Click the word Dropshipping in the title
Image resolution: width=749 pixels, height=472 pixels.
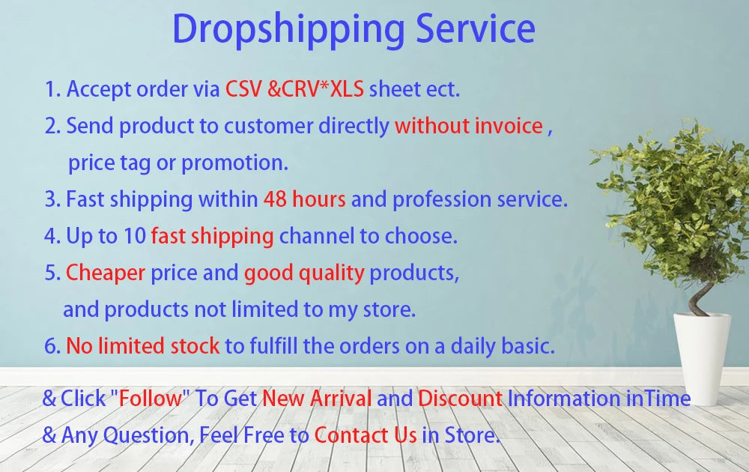[x=288, y=30]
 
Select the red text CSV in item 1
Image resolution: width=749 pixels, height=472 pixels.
[x=243, y=89]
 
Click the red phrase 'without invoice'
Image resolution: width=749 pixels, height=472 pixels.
[x=469, y=126]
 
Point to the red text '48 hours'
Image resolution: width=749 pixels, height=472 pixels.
[x=304, y=199]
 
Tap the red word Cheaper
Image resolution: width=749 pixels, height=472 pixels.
[x=105, y=273]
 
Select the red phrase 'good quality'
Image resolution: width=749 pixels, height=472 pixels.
[x=304, y=273]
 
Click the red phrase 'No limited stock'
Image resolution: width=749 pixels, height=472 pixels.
[x=143, y=346]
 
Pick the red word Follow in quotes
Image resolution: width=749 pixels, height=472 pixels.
[x=150, y=398]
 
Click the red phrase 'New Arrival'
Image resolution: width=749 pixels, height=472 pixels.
[x=317, y=398]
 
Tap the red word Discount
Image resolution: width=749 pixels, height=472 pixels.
[x=460, y=398]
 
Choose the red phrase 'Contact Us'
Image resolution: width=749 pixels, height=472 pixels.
[x=366, y=435]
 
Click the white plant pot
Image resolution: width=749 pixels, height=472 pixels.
[x=702, y=358]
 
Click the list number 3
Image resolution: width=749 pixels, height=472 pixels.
[x=52, y=199]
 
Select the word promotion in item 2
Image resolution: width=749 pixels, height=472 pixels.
[x=234, y=163]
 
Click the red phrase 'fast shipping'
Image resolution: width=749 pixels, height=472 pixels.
[x=212, y=237]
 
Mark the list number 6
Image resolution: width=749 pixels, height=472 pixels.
[x=52, y=346]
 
